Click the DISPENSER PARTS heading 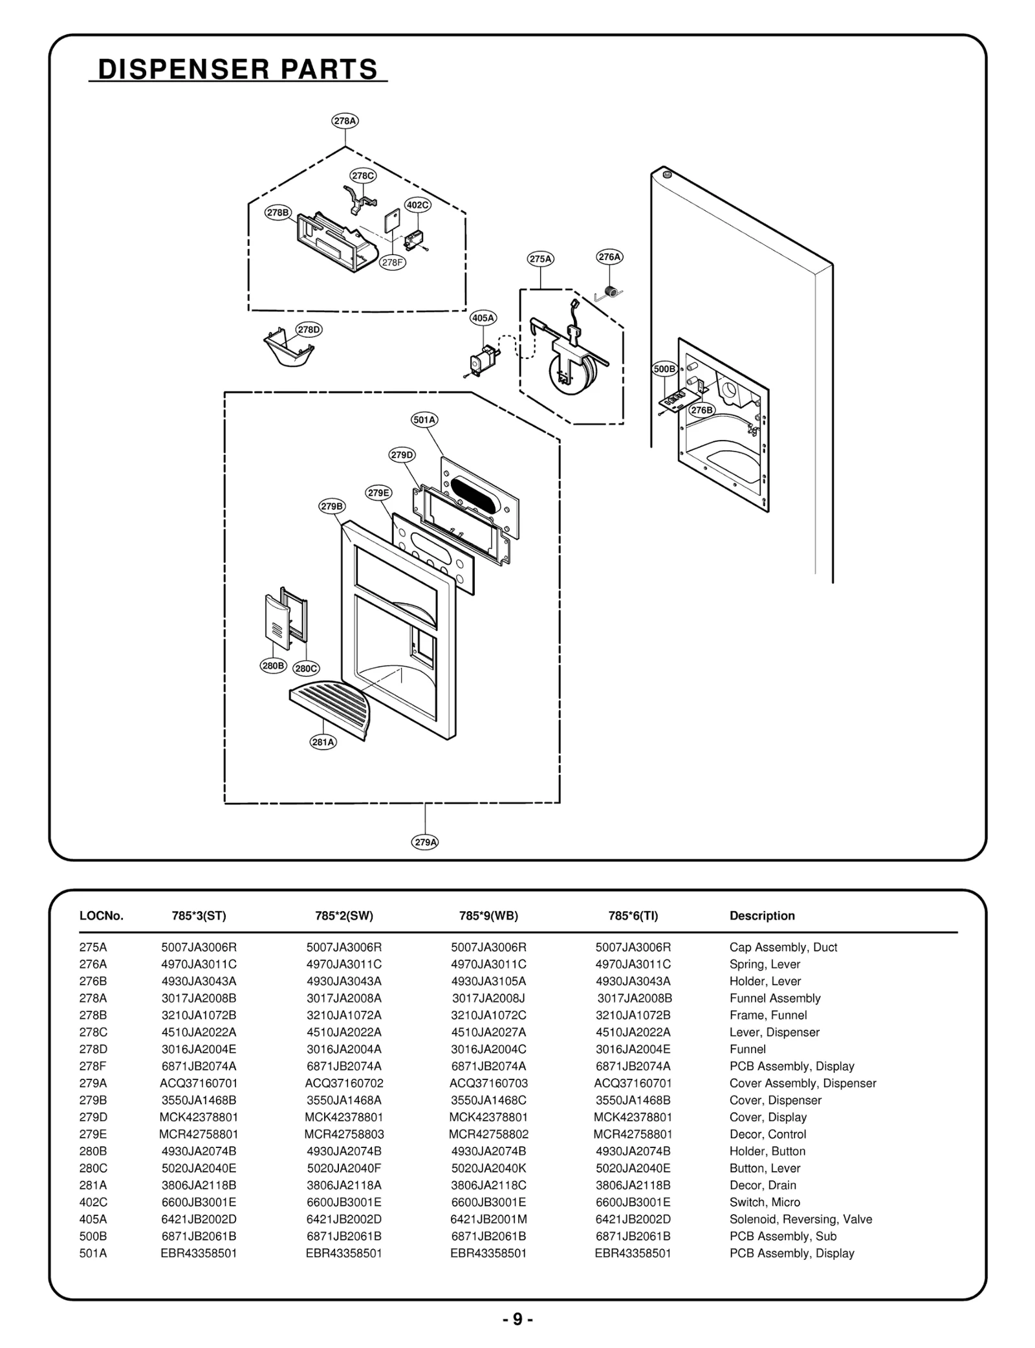tap(237, 69)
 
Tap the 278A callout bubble tap(345, 121)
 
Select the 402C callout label tap(417, 205)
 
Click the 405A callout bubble tap(483, 318)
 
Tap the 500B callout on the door tap(664, 370)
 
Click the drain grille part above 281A tap(336, 705)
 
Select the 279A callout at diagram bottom tap(425, 842)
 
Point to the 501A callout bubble tap(424, 420)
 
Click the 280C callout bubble tap(306, 668)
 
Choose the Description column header tap(762, 916)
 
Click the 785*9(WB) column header tap(488, 916)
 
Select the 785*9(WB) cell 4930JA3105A tap(488, 981)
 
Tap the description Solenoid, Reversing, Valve tap(800, 1219)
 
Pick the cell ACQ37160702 tap(344, 1083)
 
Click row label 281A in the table tap(93, 1185)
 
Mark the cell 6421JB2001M tap(488, 1219)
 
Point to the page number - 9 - tap(517, 1320)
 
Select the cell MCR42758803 tap(344, 1134)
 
